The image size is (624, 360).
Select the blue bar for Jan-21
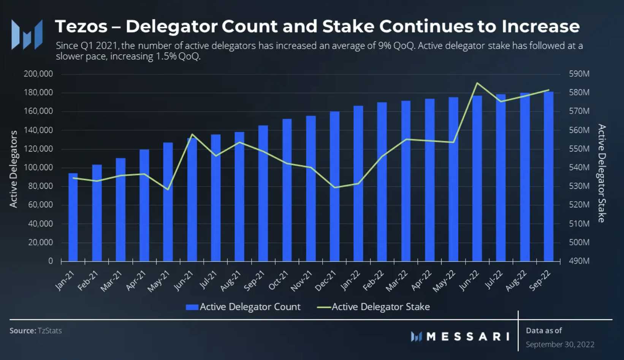pos(73,217)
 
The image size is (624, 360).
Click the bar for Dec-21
pos(334,186)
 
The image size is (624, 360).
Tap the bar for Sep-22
pos(548,177)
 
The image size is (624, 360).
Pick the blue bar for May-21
pos(168,202)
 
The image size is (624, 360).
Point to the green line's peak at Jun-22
pos(477,83)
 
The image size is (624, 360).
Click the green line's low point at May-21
pos(168,189)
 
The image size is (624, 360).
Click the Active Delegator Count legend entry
pos(243,307)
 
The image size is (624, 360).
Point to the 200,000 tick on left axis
pos(38,74)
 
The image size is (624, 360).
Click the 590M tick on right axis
pos(579,74)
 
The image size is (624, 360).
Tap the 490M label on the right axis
pos(579,261)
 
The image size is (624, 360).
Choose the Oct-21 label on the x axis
pos(279,280)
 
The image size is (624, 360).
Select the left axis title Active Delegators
pos(14,169)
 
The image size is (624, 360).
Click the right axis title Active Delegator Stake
pos(601,173)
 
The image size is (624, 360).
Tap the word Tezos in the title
pos(81,27)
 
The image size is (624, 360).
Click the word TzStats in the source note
pos(50,331)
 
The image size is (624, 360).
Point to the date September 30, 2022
pos(560,344)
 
